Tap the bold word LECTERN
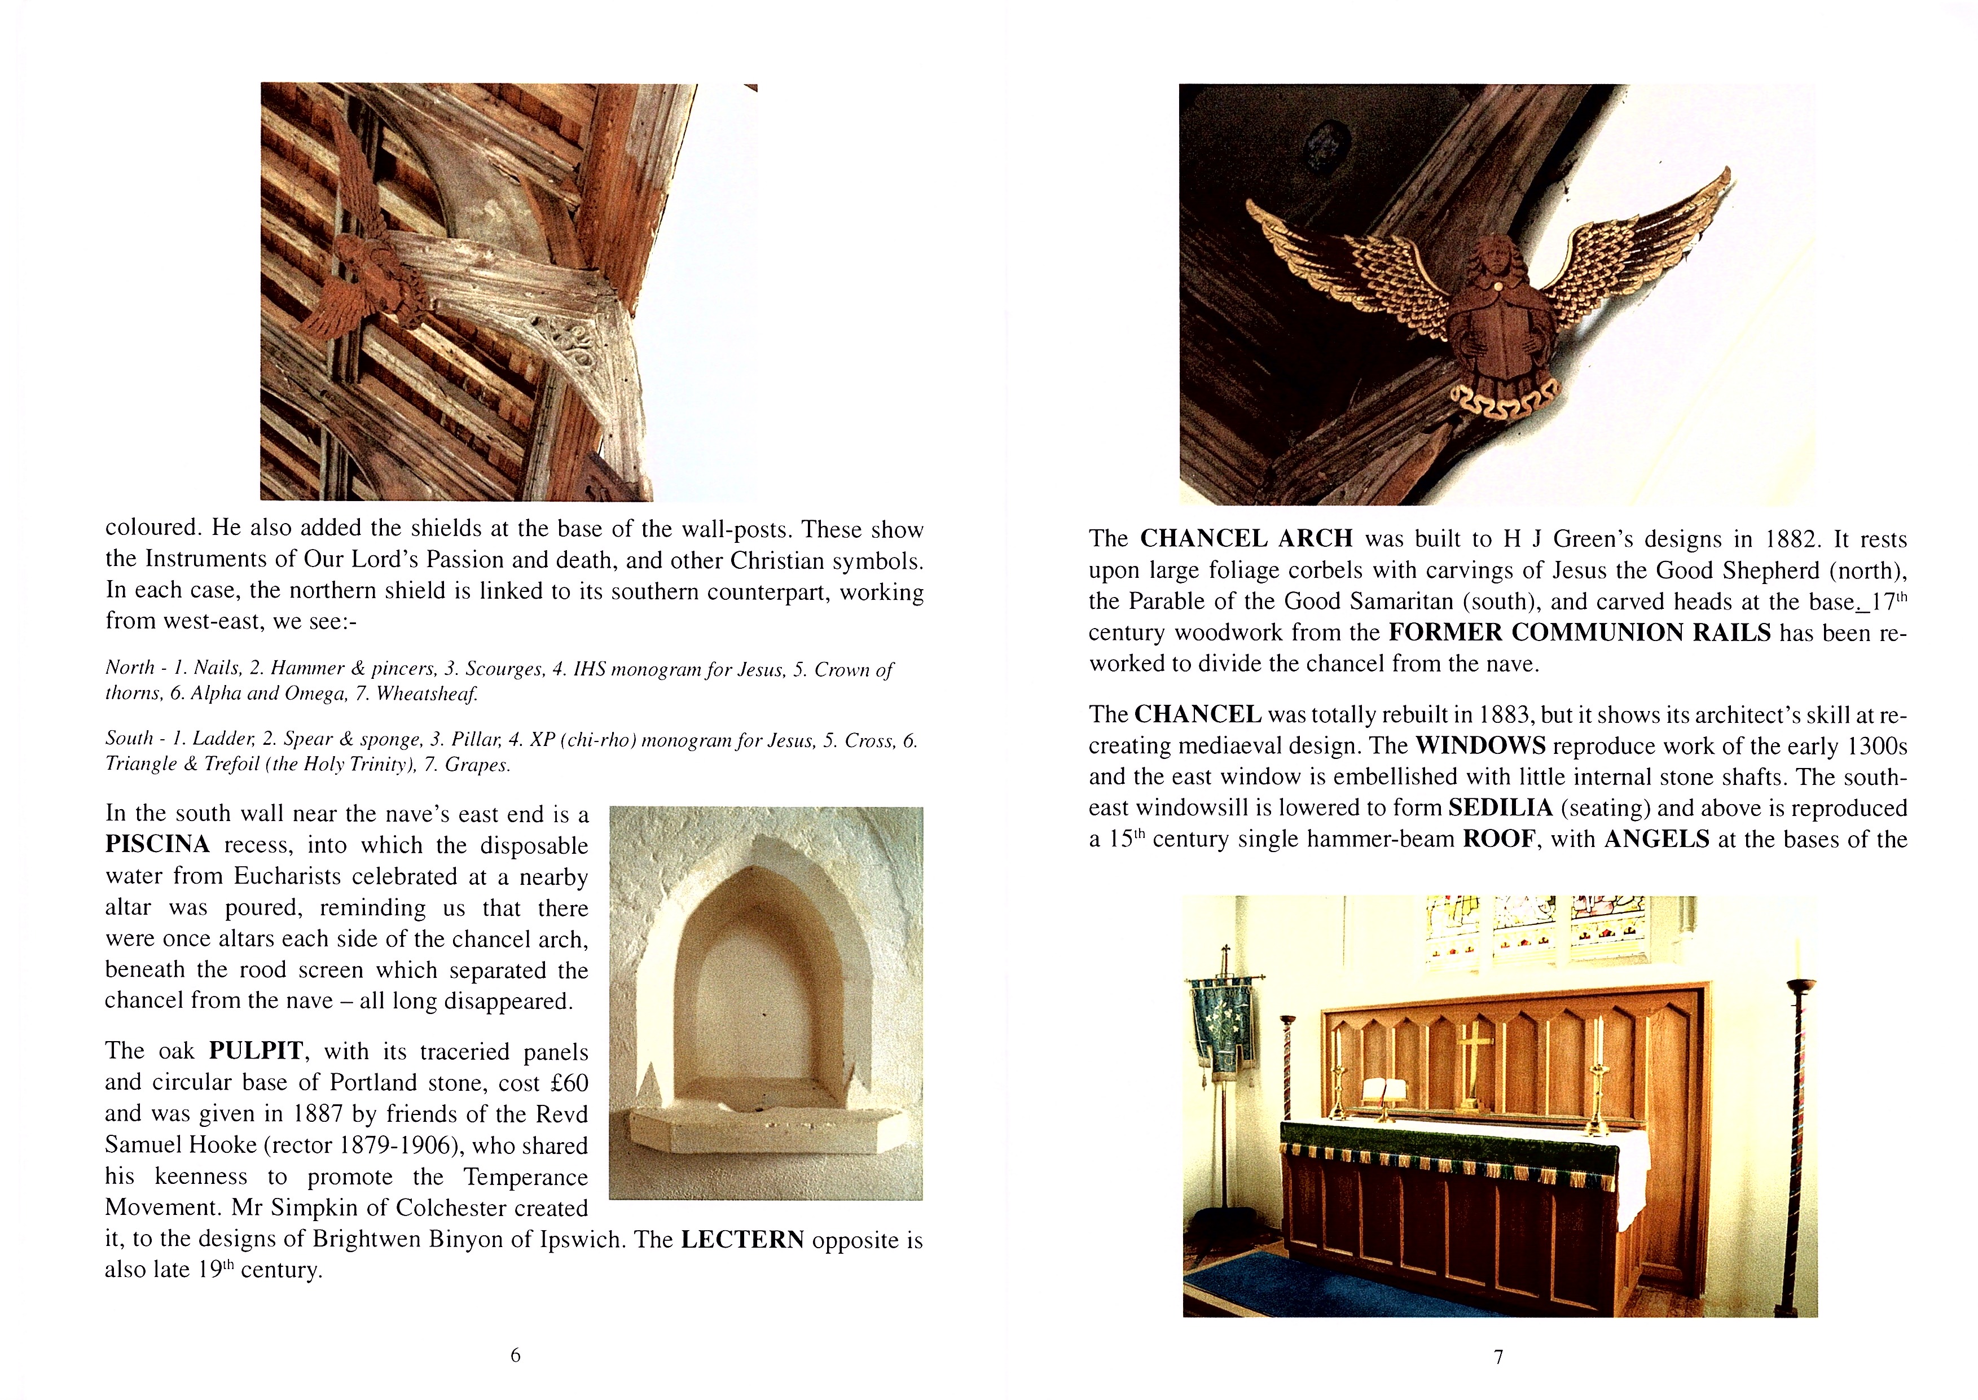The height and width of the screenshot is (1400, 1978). point(742,1240)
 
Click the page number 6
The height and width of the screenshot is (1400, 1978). point(516,1355)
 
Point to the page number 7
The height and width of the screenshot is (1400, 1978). point(1499,1357)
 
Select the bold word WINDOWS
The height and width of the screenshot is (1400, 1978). point(1481,745)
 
